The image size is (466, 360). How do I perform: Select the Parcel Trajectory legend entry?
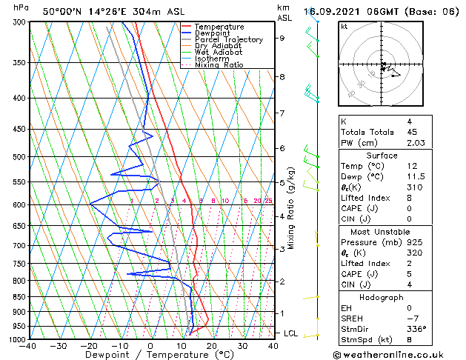(228, 40)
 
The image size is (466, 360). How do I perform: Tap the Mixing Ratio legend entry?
(219, 65)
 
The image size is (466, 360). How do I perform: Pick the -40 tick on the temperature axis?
(28, 345)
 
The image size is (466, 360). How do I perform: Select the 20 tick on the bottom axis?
(211, 345)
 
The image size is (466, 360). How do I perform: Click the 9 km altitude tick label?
(282, 38)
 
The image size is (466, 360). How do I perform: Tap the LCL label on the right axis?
(290, 333)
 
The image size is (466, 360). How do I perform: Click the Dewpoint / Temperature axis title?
(150, 355)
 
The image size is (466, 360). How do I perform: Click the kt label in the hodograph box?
(344, 26)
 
